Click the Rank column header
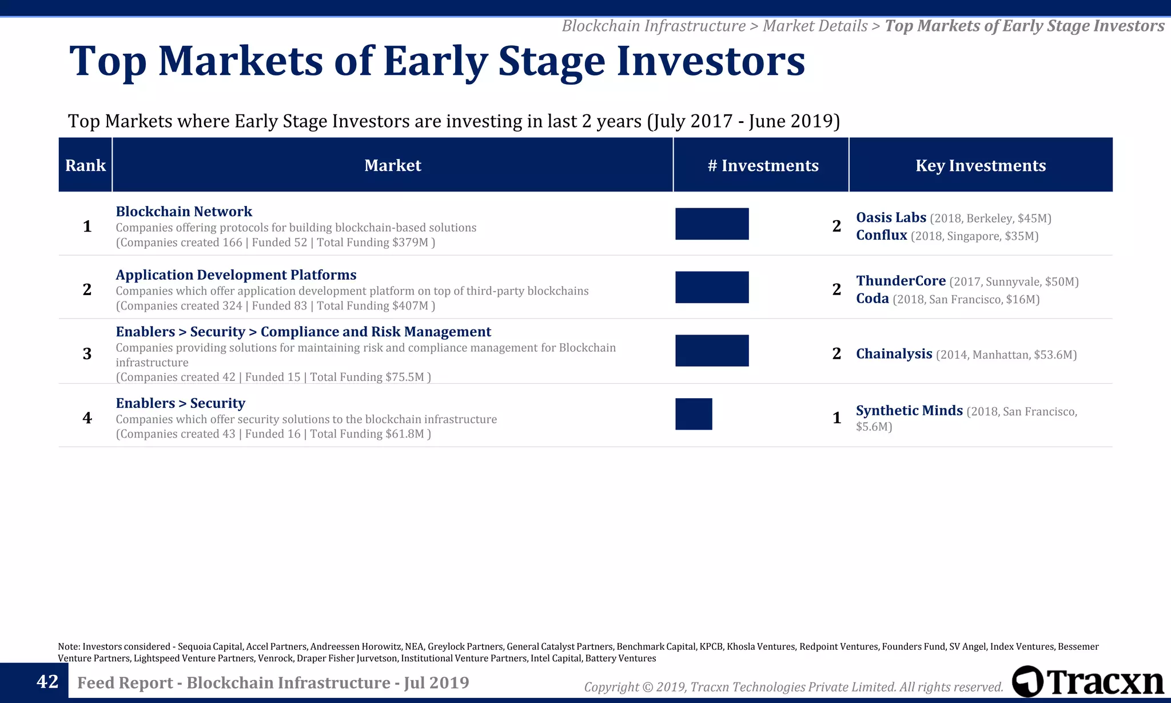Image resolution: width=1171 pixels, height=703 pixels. tap(85, 165)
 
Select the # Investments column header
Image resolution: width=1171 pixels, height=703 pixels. tap(762, 165)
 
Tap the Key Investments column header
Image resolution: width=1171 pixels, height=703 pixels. tap(980, 165)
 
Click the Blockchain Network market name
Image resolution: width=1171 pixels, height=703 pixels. tap(184, 212)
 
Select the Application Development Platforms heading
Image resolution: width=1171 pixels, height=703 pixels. tap(236, 275)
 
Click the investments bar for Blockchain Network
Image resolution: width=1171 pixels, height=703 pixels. tap(712, 224)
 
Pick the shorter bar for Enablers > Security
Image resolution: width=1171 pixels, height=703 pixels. tap(694, 414)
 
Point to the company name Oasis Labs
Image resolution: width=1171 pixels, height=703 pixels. tap(891, 217)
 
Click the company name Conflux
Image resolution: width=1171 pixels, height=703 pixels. tap(881, 235)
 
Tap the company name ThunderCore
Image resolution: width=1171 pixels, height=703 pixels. tap(901, 281)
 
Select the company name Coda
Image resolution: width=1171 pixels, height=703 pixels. tap(872, 299)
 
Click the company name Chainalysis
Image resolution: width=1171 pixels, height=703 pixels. tap(894, 354)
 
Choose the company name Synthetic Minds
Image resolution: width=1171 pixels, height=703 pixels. tap(909, 411)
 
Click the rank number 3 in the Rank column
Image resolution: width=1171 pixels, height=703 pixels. tap(87, 354)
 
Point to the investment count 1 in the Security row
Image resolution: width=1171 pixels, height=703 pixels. tap(837, 418)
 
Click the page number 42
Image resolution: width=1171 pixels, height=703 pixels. tap(47, 682)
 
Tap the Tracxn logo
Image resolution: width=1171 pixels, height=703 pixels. tap(1088, 682)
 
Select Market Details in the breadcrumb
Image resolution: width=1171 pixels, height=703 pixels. tap(815, 26)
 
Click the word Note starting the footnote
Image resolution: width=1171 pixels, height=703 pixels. tap(68, 647)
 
